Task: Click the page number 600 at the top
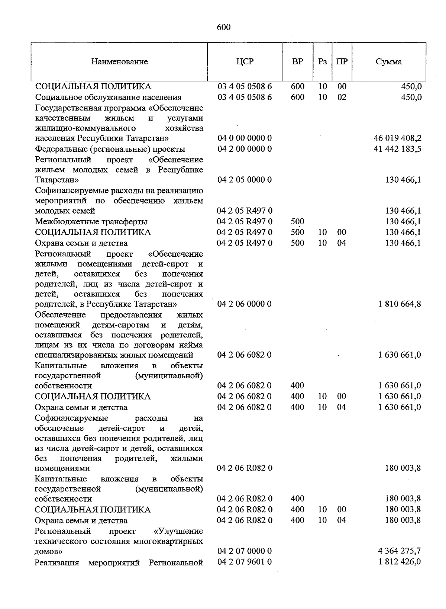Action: pos(223,27)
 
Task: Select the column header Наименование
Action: pos(119,62)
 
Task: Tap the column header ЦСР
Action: pos(245,61)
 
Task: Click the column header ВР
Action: pos(297,61)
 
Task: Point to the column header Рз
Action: pos(322,61)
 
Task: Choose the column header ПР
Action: pos(342,61)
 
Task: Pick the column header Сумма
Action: pos(388,62)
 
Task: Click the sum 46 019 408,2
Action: pos(397,138)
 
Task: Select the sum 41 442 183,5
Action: pos(397,149)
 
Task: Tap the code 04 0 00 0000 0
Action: pos(245,138)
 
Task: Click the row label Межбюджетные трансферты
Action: pos(91,222)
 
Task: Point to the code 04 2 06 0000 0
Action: pos(245,304)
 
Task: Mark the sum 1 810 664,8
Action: pos(400,304)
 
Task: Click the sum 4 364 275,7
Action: pos(399,551)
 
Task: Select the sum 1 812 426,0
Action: pos(399,562)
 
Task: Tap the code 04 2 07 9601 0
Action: pos(245,562)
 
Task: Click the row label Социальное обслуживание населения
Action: pos(108,97)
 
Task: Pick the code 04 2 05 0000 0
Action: pos(245,180)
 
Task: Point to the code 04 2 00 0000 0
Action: pos(245,149)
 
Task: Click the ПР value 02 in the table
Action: pos(342,97)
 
